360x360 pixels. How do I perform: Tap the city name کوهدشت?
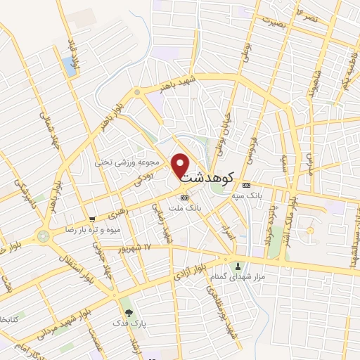coord(208,179)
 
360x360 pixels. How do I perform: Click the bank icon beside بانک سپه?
coord(246,186)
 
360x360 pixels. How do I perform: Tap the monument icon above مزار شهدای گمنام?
coord(239,266)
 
